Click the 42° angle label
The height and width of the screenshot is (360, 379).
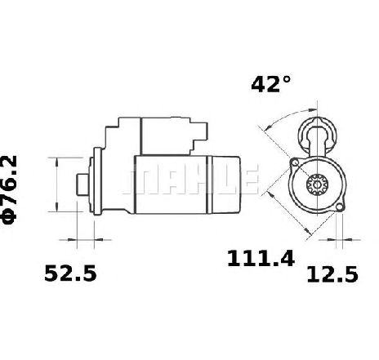coord(271,84)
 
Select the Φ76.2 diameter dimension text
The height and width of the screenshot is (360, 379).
coord(9,189)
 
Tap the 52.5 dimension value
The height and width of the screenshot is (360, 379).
coord(70,273)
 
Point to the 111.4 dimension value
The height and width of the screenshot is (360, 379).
coord(261,258)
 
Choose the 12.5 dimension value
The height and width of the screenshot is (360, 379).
coord(332,274)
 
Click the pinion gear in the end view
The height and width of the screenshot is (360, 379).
coord(318,184)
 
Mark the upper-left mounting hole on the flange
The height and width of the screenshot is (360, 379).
coord(295,162)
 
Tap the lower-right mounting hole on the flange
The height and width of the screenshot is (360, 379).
coord(339,207)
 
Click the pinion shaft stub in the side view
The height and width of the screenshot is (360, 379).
coord(82,184)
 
